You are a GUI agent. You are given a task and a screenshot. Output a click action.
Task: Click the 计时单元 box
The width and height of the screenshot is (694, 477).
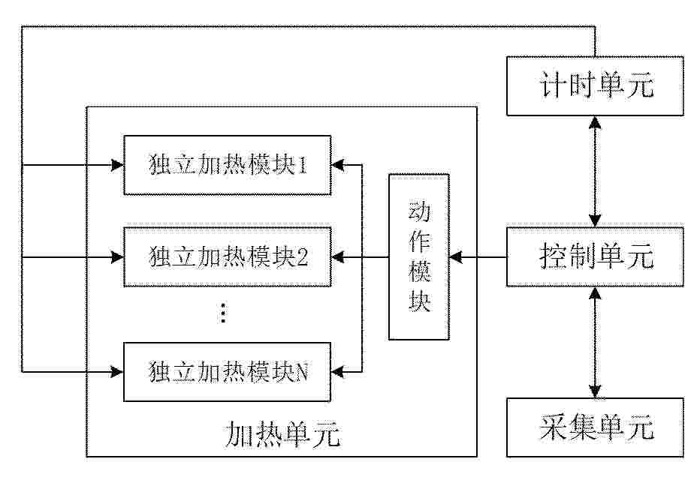coord(595,85)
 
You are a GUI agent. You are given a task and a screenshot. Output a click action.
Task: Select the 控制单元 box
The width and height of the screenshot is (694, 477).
coord(595,256)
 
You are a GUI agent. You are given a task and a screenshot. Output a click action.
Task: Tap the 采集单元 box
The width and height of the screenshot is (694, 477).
coord(595,427)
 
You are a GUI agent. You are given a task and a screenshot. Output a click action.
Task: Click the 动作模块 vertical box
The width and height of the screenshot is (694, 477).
coord(418,256)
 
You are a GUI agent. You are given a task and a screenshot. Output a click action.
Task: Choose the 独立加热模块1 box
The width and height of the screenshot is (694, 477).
coord(227,165)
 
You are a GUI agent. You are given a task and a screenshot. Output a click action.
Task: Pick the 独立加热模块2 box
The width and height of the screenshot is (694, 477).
coord(227,256)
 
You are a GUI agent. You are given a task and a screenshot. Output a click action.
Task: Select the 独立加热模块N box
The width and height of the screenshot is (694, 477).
coord(227,372)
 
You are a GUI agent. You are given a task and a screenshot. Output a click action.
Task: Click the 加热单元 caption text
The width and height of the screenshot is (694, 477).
coord(282,434)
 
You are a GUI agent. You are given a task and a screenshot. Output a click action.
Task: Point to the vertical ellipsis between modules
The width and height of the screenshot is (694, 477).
coord(223,313)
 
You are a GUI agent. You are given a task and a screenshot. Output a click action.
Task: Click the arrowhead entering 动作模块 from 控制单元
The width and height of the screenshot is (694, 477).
coord(456,256)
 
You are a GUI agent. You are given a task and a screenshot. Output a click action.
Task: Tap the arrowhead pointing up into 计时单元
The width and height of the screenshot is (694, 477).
coord(595,122)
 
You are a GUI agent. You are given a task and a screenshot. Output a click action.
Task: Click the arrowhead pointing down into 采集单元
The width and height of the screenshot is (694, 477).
coord(595,391)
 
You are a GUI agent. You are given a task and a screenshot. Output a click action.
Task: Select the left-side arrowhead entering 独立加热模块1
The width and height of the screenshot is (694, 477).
coord(117,165)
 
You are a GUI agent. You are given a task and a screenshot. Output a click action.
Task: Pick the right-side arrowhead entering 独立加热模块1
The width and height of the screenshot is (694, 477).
coord(338,165)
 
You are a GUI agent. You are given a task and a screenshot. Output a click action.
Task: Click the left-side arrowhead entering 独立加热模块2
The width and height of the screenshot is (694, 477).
coord(117,256)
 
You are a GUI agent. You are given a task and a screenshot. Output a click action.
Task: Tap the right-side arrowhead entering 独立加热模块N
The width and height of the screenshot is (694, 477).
coord(338,372)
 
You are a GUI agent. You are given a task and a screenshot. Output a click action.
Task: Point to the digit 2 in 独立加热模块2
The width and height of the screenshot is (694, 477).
coord(302,257)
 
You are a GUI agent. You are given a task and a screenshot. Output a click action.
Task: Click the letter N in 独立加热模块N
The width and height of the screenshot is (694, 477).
coord(301,372)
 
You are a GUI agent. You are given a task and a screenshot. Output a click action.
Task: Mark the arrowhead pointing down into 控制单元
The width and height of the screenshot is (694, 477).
coord(595,220)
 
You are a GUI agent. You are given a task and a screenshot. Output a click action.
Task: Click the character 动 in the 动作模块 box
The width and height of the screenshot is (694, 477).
coord(419,211)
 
